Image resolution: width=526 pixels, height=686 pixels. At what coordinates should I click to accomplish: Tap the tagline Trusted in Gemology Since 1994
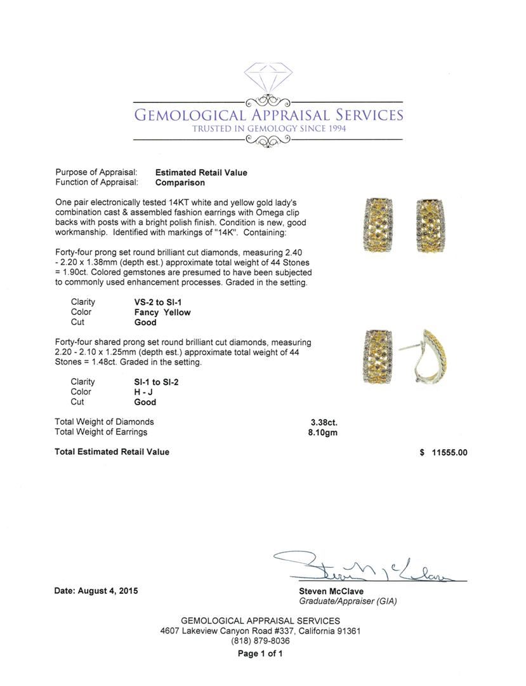pos(269,128)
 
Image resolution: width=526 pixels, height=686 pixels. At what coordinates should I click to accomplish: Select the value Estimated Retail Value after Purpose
pos(201,172)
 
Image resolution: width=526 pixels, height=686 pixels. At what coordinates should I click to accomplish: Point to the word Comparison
pos(180,182)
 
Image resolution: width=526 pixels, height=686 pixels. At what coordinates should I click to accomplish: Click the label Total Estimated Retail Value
pos(112,452)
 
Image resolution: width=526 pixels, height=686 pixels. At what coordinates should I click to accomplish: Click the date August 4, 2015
pos(96,591)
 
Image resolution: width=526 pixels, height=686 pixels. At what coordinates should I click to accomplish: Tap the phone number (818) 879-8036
pos(260,642)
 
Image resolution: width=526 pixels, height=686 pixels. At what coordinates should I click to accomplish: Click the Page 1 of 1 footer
pos(260,654)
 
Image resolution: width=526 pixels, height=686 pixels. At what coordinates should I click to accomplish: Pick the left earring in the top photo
pos(376,225)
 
